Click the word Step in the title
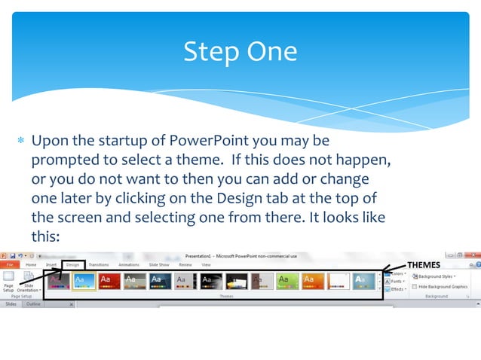(x=210, y=51)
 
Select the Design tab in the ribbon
(x=72, y=265)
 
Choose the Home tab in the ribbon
(x=31, y=265)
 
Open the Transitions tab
(x=98, y=265)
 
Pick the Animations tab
(x=129, y=265)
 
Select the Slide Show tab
(x=158, y=265)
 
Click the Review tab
(x=185, y=265)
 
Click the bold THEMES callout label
(x=424, y=264)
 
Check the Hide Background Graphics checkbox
(x=415, y=287)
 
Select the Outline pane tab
(x=34, y=304)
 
